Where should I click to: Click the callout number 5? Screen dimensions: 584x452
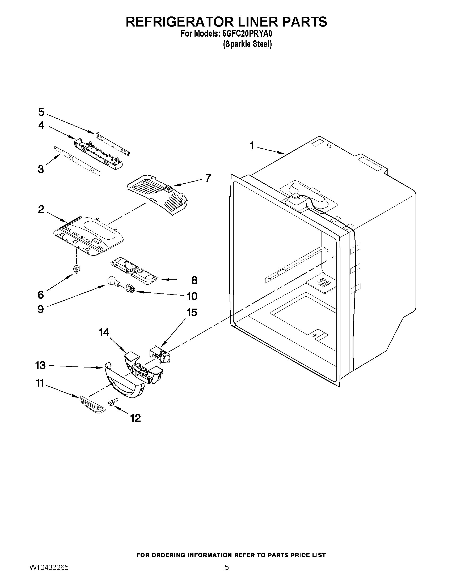click(x=41, y=112)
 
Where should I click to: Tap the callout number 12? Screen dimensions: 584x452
click(x=136, y=418)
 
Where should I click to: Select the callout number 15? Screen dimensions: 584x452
click(x=192, y=312)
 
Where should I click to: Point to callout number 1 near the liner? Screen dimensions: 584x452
click(x=252, y=146)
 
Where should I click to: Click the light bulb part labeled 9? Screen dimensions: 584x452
click(x=112, y=281)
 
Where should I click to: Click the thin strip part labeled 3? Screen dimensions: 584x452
click(x=78, y=161)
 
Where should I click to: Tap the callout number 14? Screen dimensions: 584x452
click(x=104, y=332)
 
